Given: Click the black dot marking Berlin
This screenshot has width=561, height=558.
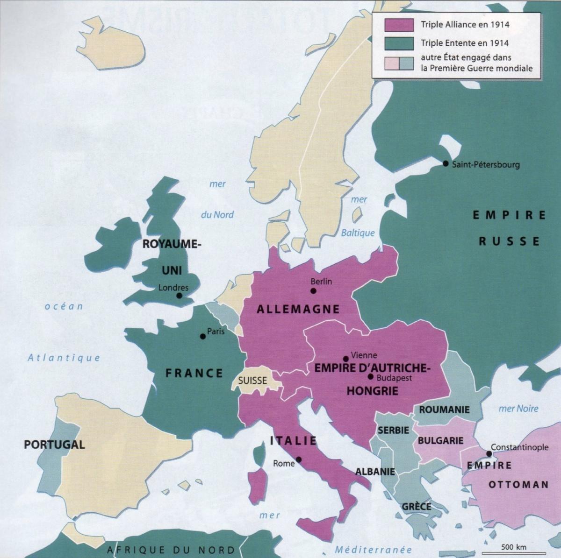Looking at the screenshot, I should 313,291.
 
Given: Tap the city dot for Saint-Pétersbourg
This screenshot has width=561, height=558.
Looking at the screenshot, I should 446,163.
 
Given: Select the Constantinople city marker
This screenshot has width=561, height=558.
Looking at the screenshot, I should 489,453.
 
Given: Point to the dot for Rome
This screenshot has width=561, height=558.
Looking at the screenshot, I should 299,459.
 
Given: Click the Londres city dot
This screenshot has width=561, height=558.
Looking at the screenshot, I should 179,296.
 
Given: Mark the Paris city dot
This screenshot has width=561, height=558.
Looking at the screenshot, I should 202,336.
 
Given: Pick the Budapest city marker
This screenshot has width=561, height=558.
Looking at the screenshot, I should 370,376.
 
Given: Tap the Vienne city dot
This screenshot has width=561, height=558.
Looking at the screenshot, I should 345,359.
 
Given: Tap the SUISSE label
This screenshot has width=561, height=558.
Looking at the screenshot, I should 252,381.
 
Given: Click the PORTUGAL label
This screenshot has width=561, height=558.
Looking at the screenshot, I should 54,444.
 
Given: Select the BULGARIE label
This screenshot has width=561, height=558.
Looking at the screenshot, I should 440,440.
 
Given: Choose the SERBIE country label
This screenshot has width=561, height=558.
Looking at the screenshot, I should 393,430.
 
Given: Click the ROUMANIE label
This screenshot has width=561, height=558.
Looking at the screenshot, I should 444,410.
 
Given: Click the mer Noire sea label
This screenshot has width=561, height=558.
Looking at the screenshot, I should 518,409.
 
